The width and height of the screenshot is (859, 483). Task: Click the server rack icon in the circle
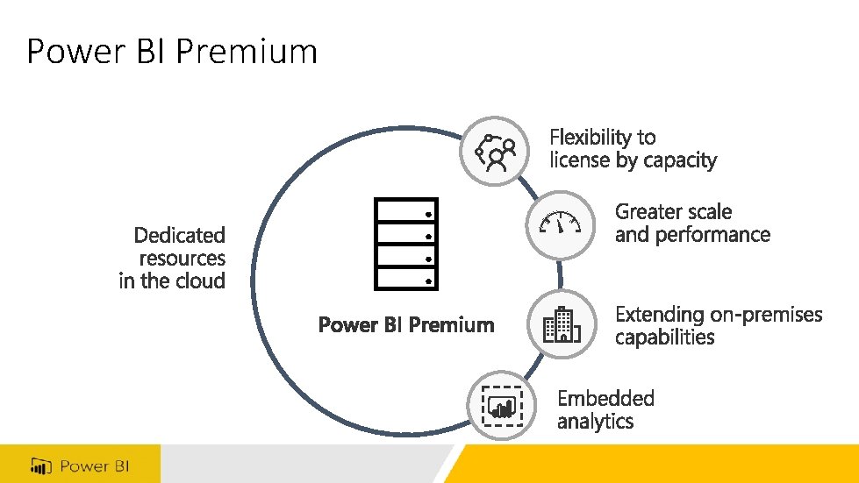(405, 244)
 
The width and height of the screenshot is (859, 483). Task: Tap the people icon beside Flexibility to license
(495, 151)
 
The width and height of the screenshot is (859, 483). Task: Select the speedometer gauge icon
(560, 225)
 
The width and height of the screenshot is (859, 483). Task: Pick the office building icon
(562, 324)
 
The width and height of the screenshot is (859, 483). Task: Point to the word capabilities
(664, 337)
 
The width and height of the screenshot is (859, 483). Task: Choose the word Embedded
(605, 399)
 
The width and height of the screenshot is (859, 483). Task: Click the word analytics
(595, 422)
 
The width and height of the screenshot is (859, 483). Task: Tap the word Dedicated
(179, 235)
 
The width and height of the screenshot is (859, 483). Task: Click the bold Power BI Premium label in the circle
(406, 325)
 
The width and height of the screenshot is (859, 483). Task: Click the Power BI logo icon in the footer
(40, 465)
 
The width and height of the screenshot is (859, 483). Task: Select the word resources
(182, 259)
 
